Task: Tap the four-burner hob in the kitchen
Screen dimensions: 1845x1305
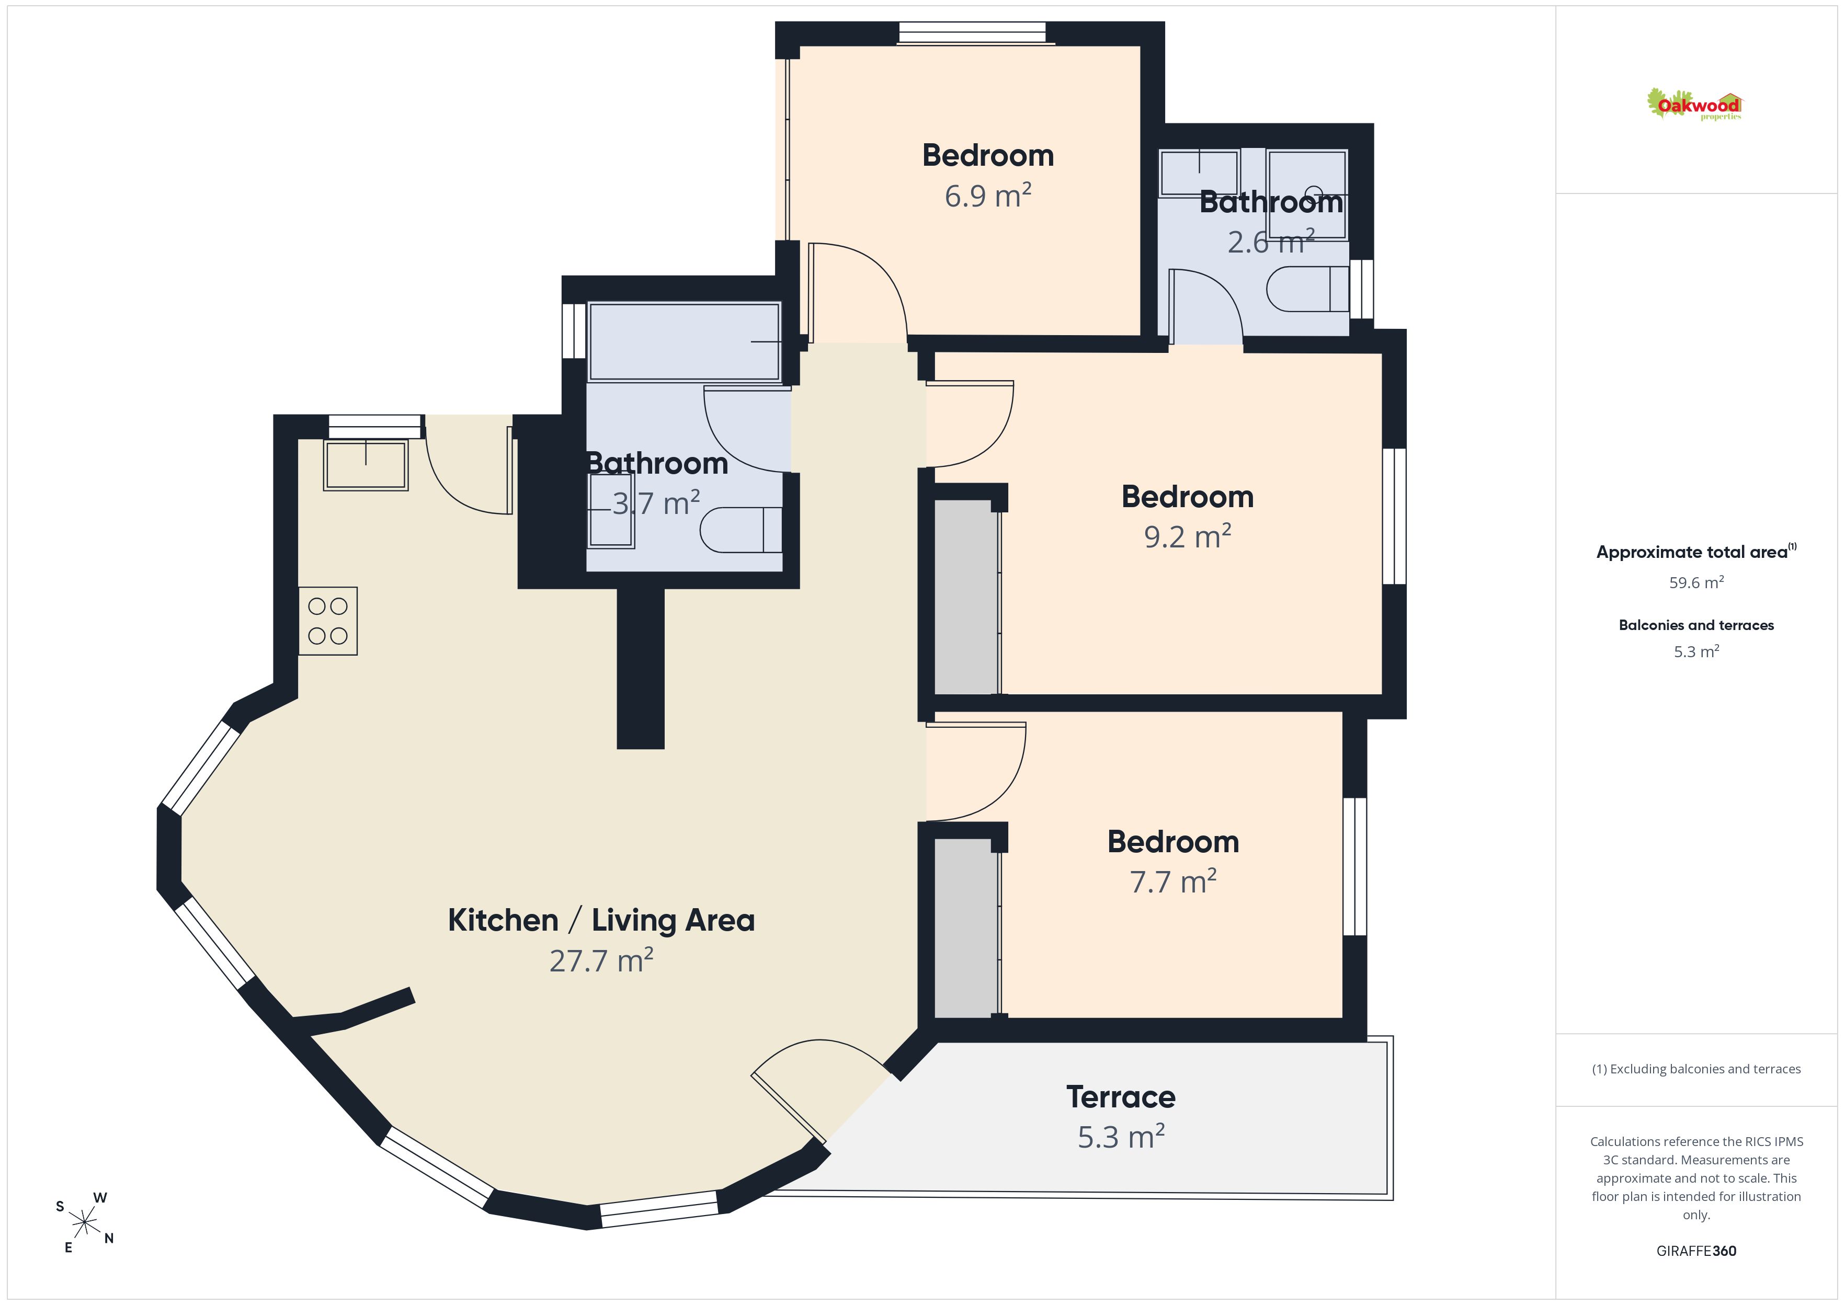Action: pos(328,621)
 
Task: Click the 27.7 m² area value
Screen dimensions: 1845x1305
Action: pos(601,960)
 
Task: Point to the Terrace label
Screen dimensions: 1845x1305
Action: pos(1121,1097)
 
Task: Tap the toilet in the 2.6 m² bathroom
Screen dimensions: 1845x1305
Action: pos(1307,289)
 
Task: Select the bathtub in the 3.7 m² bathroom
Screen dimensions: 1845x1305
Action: pos(685,341)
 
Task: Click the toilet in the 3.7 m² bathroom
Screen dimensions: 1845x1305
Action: pos(741,530)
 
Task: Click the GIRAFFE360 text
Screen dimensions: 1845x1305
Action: pos(1696,1250)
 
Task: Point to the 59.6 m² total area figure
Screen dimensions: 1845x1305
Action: pos(1696,582)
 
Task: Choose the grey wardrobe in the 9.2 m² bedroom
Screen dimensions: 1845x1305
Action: pos(966,596)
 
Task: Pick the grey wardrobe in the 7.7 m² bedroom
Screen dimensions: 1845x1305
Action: pos(966,928)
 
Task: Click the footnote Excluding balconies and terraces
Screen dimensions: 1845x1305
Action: pos(1696,1069)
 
